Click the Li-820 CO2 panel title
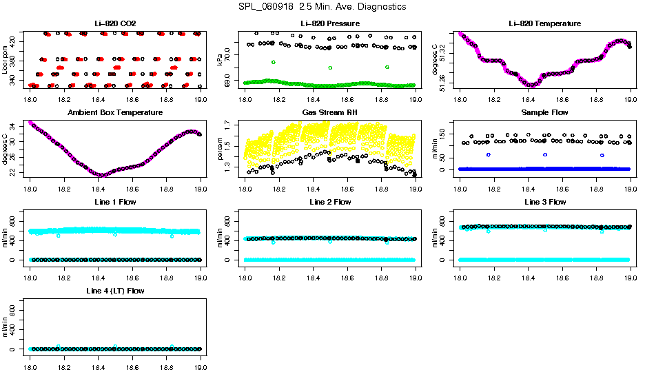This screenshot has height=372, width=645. (115, 24)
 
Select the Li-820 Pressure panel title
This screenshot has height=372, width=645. (330, 24)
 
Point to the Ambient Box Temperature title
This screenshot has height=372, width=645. (115, 112)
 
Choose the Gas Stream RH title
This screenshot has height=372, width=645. (330, 112)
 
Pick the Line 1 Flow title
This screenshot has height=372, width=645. (115, 202)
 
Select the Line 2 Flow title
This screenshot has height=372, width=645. (330, 202)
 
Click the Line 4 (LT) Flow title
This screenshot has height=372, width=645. (115, 291)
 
